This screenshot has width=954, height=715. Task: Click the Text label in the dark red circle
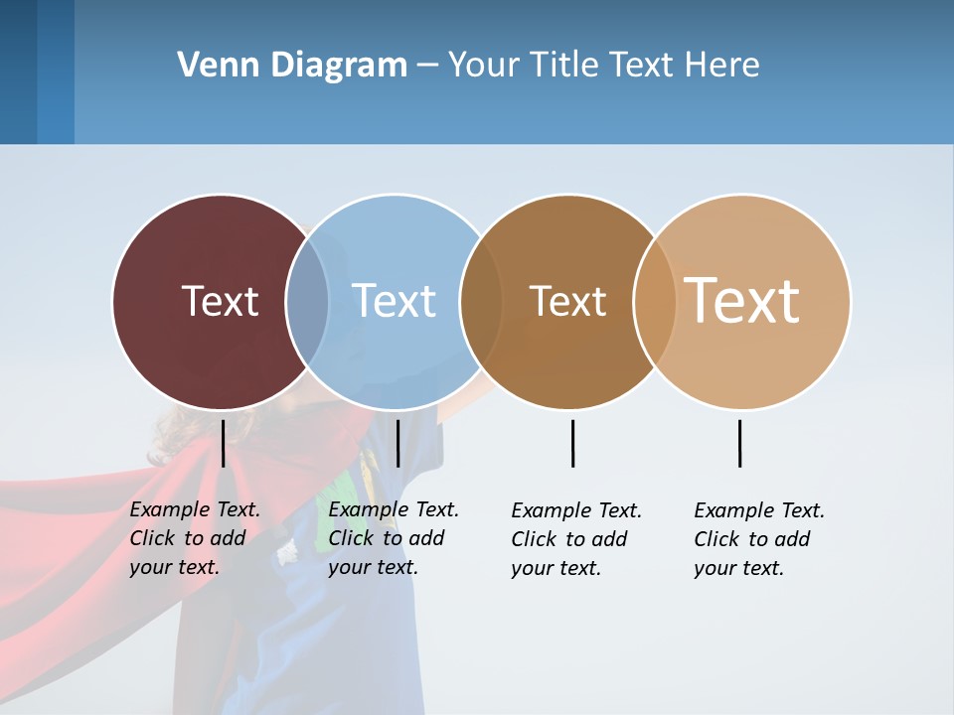tap(220, 301)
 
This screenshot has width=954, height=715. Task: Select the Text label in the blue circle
tap(395, 301)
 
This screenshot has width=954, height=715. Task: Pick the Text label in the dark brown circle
tap(567, 301)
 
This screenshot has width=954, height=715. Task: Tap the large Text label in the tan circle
tap(742, 301)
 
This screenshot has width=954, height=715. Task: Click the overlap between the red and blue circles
tap(307, 301)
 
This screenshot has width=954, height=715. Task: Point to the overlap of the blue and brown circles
tap(481, 301)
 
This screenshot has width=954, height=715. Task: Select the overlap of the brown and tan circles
tap(655, 301)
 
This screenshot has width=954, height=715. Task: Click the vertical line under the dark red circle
tap(223, 443)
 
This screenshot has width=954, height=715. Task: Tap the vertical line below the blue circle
tap(397, 443)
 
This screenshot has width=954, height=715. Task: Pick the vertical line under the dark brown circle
tap(572, 443)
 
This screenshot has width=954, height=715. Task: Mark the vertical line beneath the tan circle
tap(739, 443)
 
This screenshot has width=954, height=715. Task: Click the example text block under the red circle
tap(194, 538)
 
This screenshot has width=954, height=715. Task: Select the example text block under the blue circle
tap(393, 538)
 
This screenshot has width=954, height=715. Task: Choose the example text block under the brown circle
tap(575, 539)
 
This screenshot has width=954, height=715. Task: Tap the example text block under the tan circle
tap(758, 539)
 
